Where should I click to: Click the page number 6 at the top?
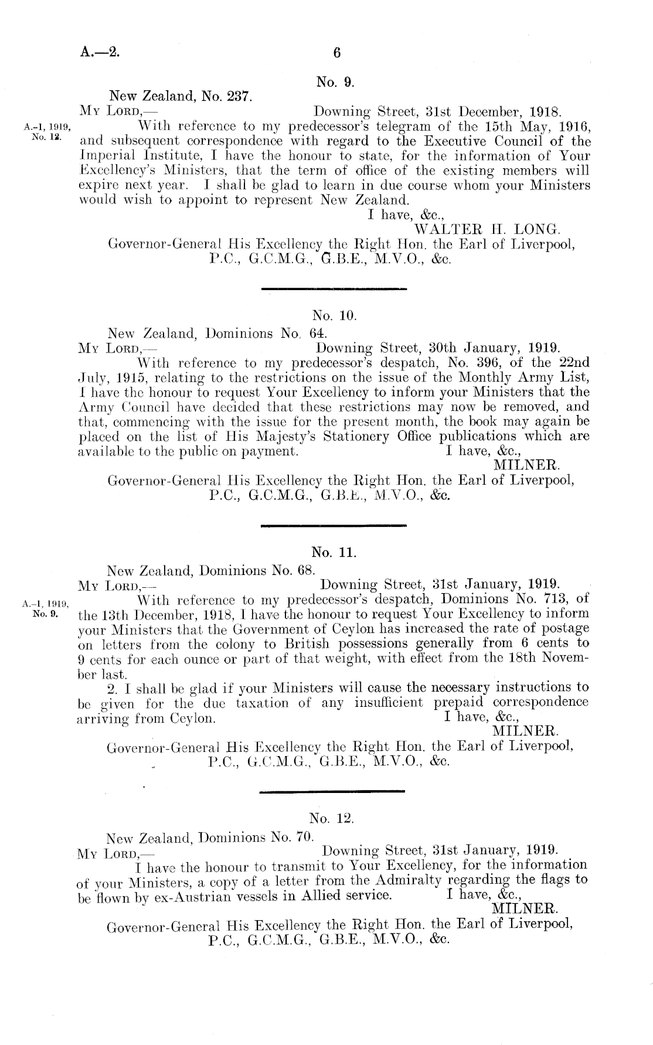pyautogui.click(x=336, y=52)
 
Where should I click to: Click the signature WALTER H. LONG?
pyautogui.click(x=488, y=229)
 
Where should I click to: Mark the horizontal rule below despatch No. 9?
pyautogui.click(x=333, y=289)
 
